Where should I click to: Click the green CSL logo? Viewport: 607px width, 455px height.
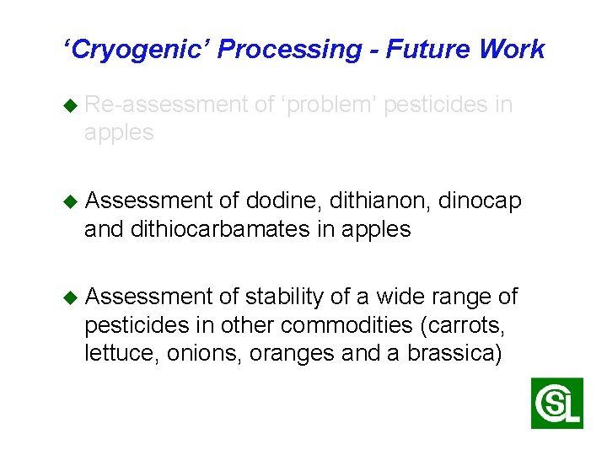click(x=557, y=403)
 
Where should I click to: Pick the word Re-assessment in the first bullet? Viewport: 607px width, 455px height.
click(x=167, y=104)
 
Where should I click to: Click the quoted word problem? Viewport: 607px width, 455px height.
click(x=329, y=104)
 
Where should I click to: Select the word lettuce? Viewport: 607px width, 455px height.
click(x=115, y=353)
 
